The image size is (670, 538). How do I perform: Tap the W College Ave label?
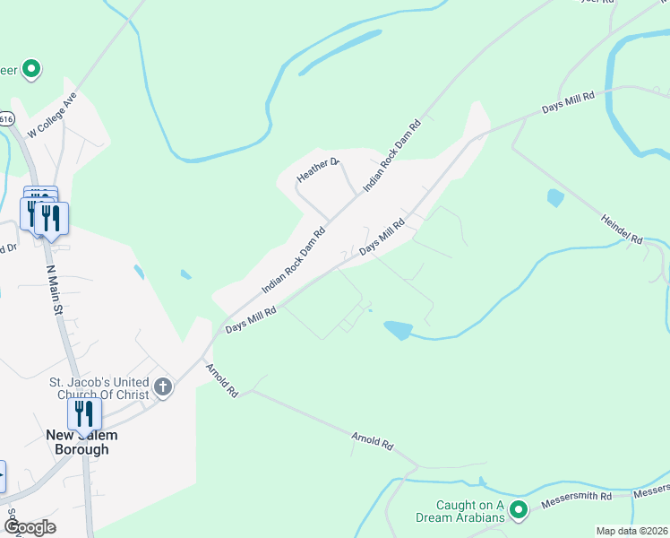[x=53, y=114]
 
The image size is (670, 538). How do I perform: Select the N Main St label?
[x=54, y=288]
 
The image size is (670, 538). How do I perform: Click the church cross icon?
[x=163, y=387]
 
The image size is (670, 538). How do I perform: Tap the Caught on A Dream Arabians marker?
[x=518, y=510]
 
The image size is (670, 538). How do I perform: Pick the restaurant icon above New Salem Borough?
[x=84, y=413]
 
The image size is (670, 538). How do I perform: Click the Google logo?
[x=30, y=527]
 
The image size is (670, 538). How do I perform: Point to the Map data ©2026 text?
[x=632, y=531]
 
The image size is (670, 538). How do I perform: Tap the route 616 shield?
[x=7, y=117]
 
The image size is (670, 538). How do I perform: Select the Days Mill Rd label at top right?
[x=568, y=102]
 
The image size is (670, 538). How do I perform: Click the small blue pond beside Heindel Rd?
[x=555, y=198]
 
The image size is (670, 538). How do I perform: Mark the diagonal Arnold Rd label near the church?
[x=221, y=380]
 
